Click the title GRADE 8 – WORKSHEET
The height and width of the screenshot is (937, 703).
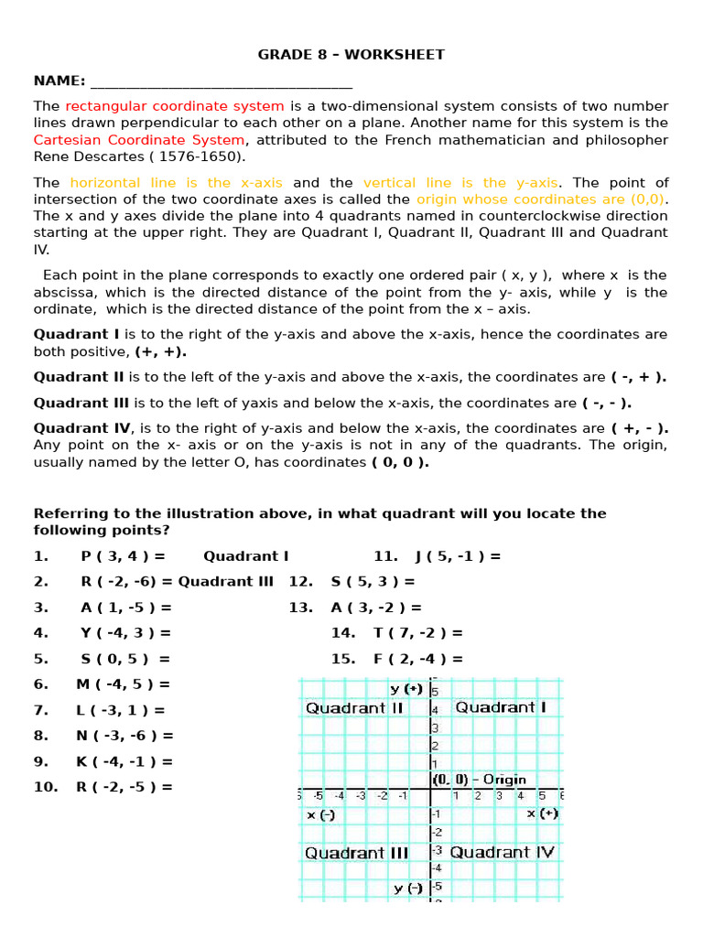(x=351, y=55)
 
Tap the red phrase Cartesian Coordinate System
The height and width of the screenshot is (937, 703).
(x=139, y=140)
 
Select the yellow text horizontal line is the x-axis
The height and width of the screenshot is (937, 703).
(x=177, y=183)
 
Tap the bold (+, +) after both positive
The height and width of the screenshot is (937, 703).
(x=161, y=351)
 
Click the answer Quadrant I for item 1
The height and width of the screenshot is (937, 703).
(x=246, y=556)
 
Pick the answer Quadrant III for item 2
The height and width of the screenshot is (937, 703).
(x=226, y=582)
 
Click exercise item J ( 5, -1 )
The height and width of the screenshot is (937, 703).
(x=451, y=556)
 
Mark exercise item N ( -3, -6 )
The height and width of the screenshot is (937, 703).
(x=124, y=736)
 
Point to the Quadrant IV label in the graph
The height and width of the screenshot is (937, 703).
(x=503, y=853)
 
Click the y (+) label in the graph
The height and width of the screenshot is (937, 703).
(x=406, y=689)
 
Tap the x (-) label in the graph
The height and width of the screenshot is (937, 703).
(x=321, y=814)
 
